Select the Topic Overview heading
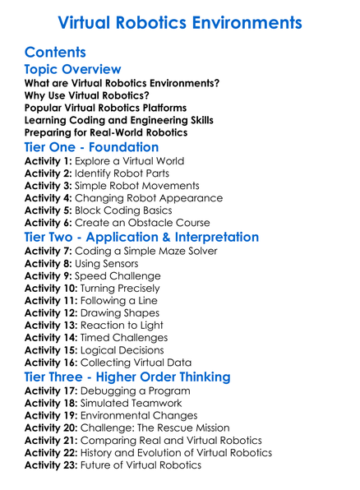pos(72,70)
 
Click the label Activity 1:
pos(48,161)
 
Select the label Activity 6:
pos(48,223)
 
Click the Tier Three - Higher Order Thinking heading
pos(127,377)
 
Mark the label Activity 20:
pos(51,428)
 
